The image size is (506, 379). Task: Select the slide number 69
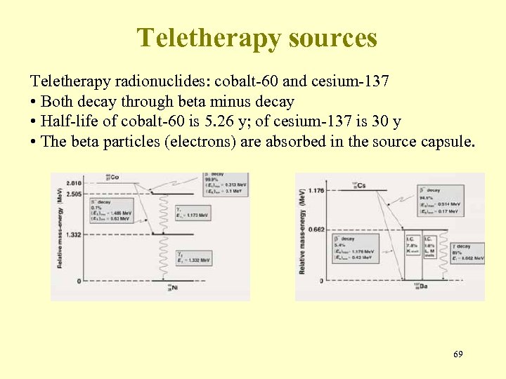(458, 355)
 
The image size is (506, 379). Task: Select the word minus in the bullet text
(221, 101)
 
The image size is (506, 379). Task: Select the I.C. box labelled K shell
(412, 246)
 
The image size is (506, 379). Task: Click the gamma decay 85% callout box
(464, 251)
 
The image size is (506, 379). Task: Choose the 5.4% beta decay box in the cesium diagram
(357, 249)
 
